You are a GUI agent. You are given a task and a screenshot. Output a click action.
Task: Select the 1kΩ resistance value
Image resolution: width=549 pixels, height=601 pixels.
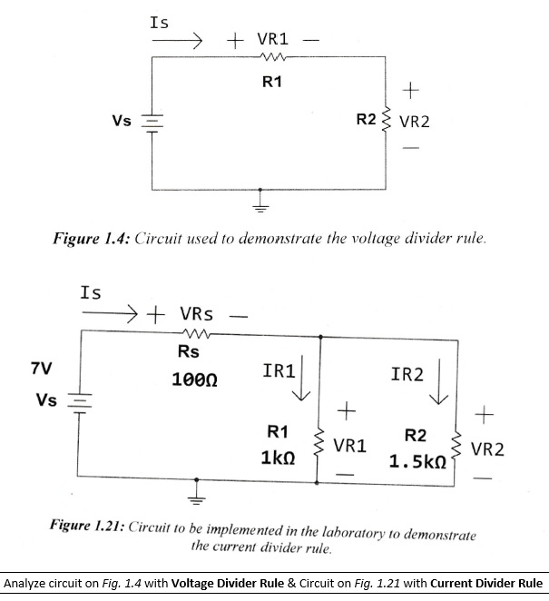276,459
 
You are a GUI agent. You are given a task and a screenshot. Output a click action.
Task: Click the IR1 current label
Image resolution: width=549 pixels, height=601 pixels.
278,371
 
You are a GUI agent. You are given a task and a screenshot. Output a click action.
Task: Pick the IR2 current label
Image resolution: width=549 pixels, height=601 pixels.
407,374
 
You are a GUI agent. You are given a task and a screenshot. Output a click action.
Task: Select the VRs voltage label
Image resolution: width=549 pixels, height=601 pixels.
196,314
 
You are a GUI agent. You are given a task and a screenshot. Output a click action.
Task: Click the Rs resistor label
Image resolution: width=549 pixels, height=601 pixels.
189,351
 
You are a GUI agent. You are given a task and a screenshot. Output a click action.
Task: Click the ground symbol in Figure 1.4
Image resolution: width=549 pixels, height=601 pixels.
264,202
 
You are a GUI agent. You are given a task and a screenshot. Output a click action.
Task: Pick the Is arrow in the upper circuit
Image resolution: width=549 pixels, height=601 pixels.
182,41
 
